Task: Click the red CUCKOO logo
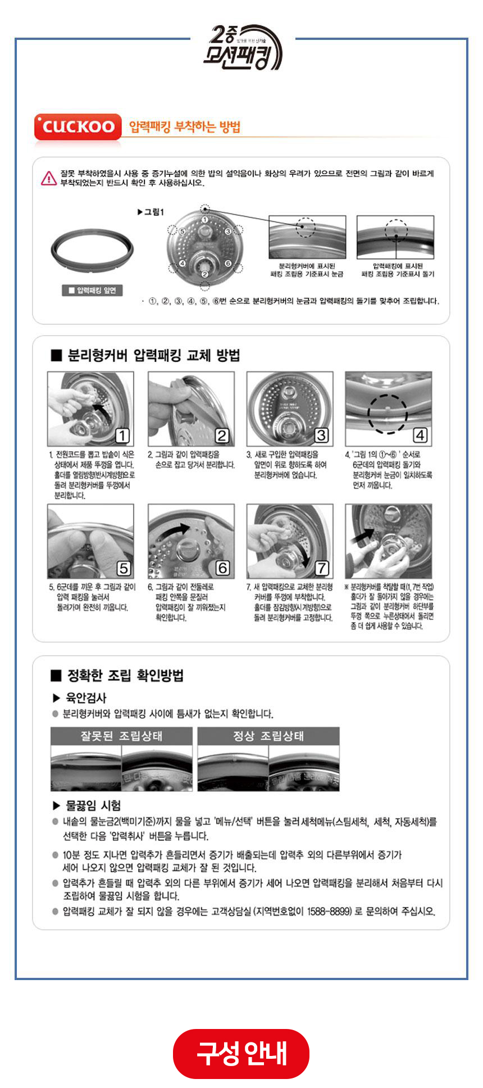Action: (78, 127)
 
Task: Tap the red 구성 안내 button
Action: (241, 1053)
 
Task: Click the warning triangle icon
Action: (49, 178)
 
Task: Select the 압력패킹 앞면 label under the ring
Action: (92, 291)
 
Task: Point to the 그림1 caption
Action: (150, 212)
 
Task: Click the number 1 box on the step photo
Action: (122, 436)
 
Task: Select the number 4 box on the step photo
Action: (420, 436)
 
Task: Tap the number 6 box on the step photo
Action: (222, 568)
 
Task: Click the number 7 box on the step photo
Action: (321, 568)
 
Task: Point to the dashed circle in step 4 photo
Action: (388, 414)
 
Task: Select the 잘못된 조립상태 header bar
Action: (121, 736)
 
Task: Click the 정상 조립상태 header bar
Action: (268, 736)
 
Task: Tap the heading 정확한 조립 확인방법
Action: (125, 676)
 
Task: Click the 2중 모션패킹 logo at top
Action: (242, 47)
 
